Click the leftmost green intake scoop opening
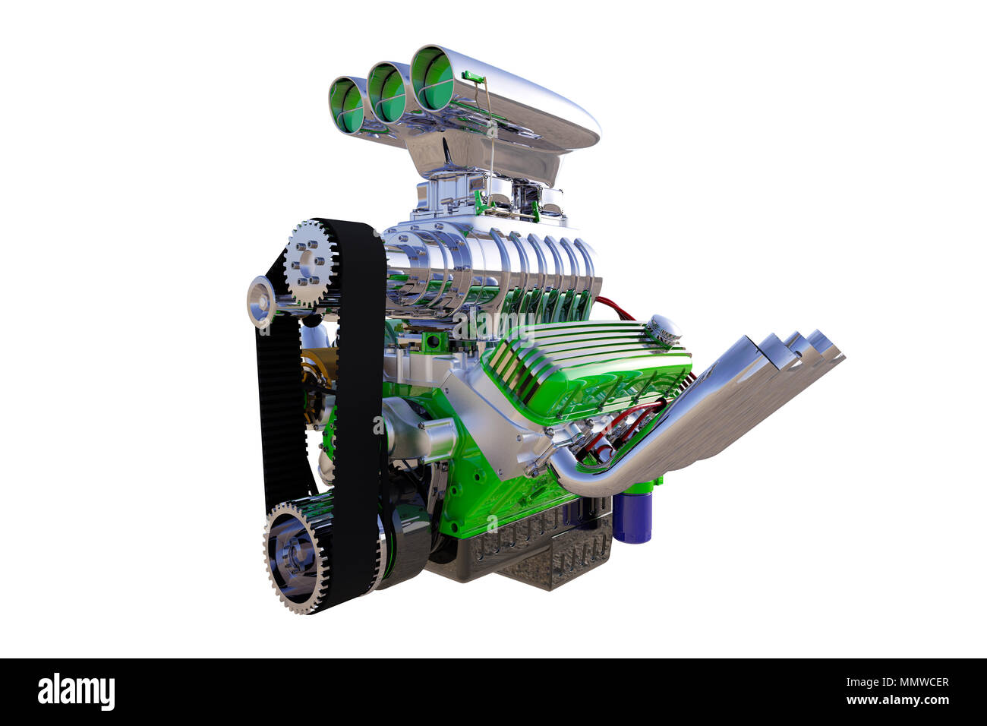pos(347,106)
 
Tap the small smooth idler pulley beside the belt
pos(260,301)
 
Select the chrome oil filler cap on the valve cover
pos(664,329)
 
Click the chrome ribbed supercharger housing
pos(486,262)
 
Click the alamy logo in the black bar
pos(76,692)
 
